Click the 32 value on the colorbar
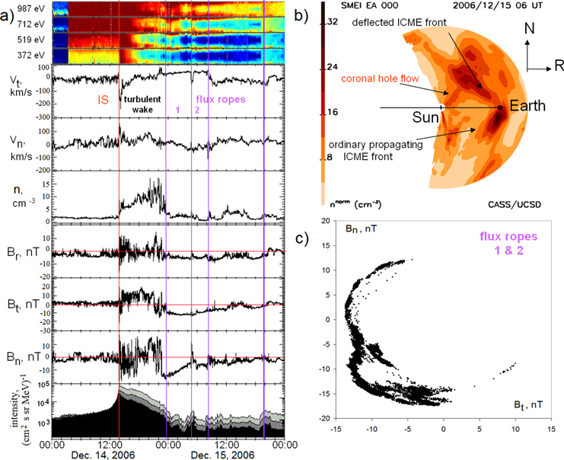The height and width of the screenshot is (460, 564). point(333,22)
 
